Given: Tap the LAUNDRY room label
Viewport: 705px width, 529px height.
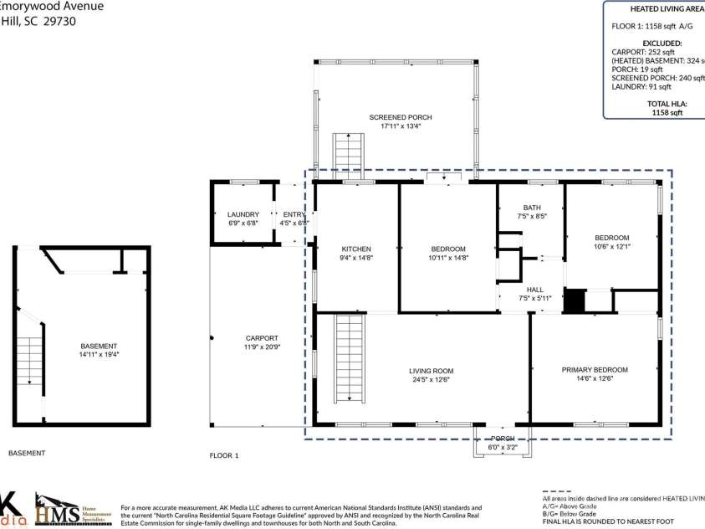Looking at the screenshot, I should pyautogui.click(x=243, y=214).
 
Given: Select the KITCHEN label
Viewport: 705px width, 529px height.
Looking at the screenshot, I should pyautogui.click(x=356, y=249).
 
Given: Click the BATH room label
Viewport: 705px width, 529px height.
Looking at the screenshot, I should pyautogui.click(x=533, y=208).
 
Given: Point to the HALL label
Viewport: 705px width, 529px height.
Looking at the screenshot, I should pyautogui.click(x=535, y=290).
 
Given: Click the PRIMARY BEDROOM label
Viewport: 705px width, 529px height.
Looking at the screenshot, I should pyautogui.click(x=594, y=369).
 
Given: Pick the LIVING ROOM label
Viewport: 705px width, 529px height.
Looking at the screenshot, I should pyautogui.click(x=431, y=371).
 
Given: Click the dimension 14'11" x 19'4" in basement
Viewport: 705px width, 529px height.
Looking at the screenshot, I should pyautogui.click(x=100, y=354).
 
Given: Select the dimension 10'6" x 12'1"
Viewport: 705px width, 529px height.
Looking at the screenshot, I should pyautogui.click(x=611, y=247).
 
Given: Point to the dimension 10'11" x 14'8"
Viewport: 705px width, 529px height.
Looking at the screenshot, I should pyautogui.click(x=449, y=258).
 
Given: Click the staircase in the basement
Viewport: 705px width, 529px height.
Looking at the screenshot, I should pyautogui.click(x=29, y=361).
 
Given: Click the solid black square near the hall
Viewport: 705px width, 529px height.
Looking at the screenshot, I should pyautogui.click(x=574, y=301).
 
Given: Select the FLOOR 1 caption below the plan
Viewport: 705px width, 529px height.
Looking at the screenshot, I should pyautogui.click(x=224, y=455).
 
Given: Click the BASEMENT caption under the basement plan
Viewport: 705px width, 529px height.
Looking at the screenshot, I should pyautogui.click(x=27, y=453).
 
